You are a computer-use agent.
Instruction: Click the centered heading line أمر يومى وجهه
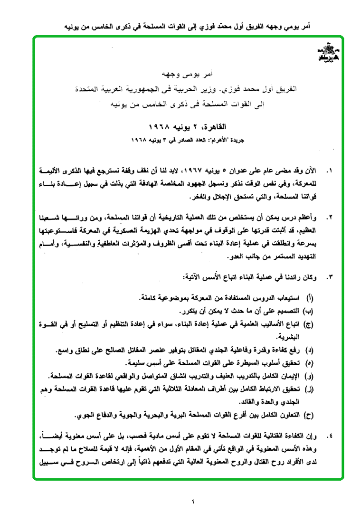tap(187, 75)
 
